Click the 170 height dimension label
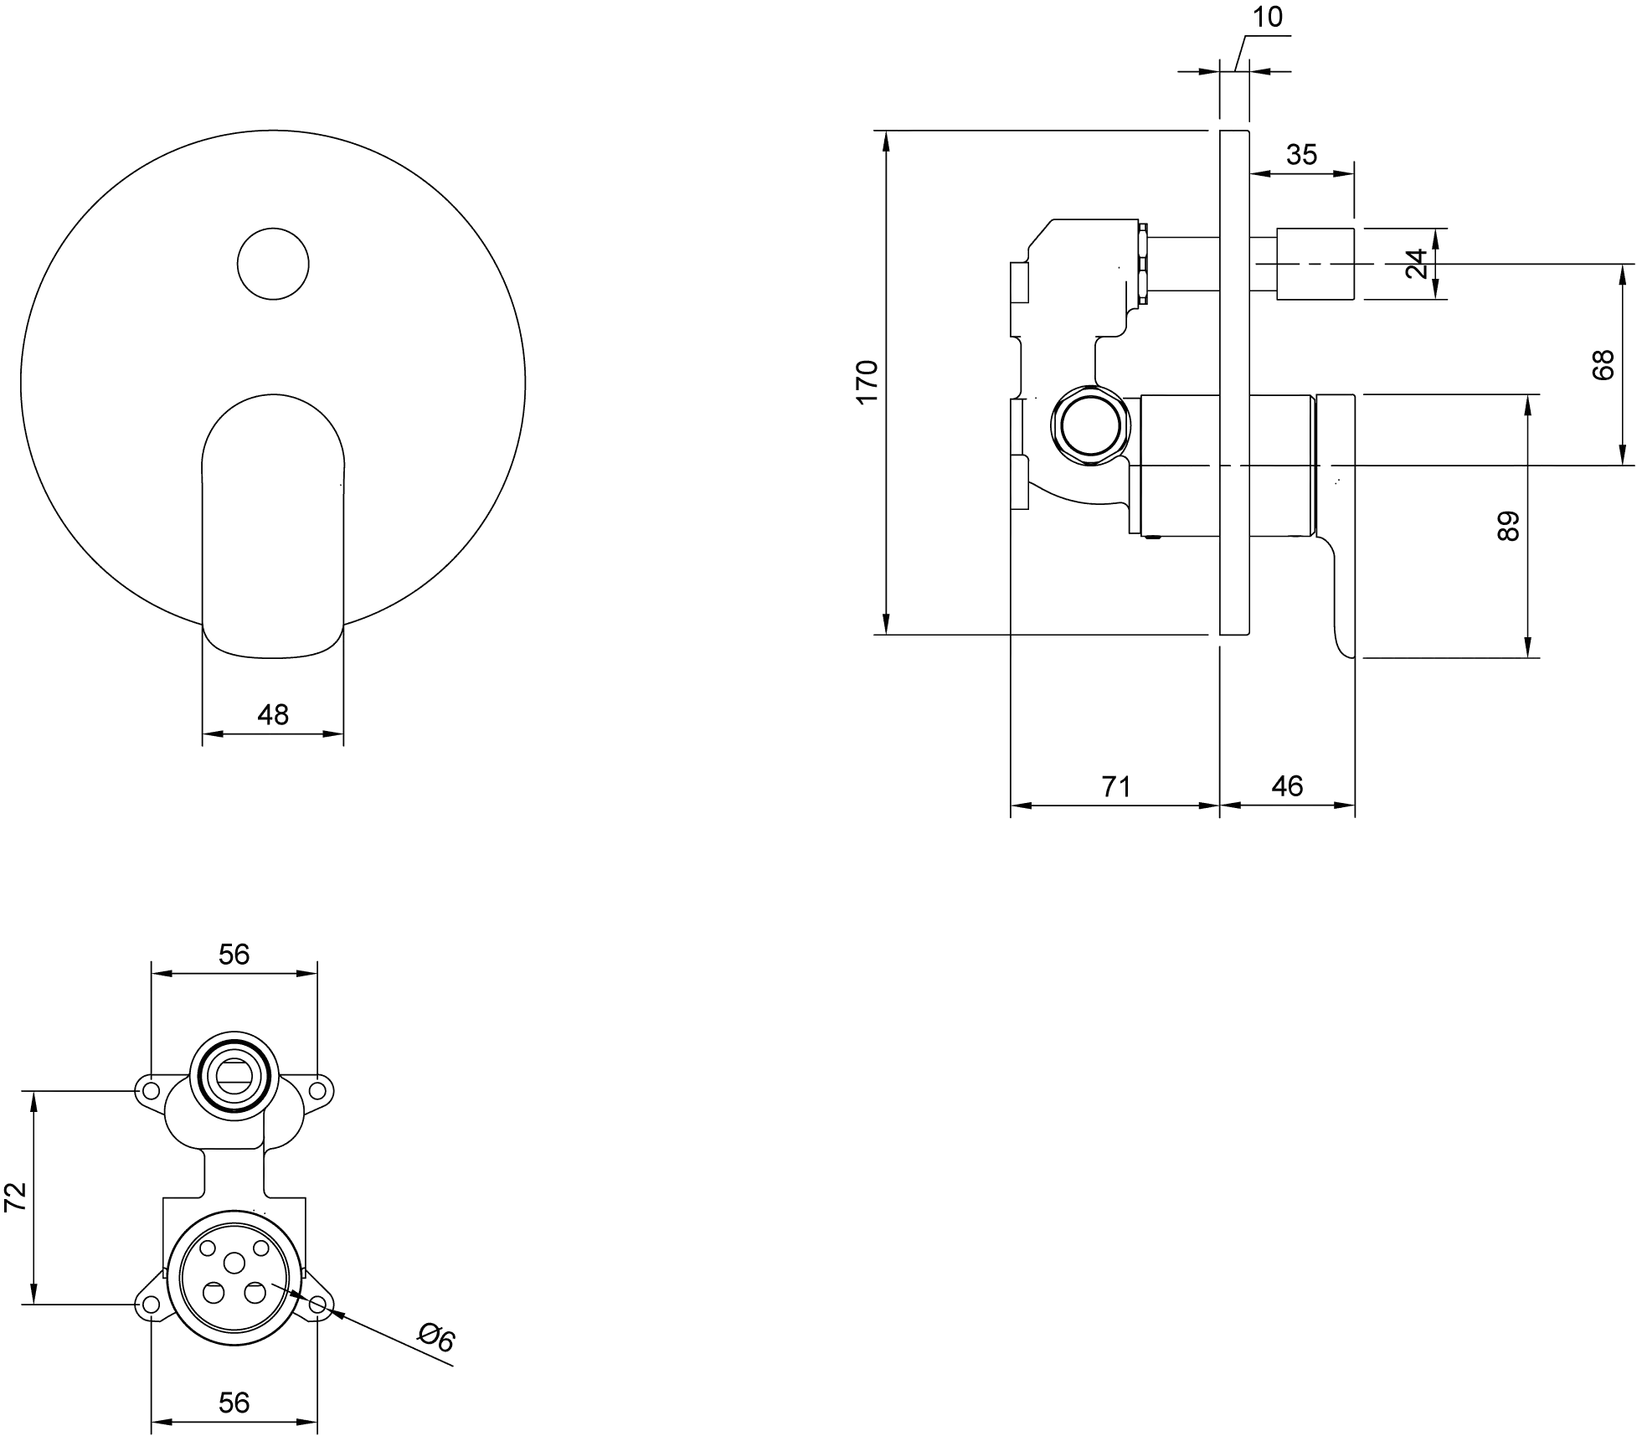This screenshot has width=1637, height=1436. [x=867, y=382]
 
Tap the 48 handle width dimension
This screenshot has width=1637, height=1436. [x=273, y=714]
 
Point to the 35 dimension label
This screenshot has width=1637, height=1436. [x=1301, y=154]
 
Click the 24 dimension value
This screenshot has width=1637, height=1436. [x=1416, y=264]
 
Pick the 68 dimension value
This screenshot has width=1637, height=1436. [x=1603, y=365]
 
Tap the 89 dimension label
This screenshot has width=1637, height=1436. [x=1507, y=526]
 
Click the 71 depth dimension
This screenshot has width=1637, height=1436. [x=1116, y=786]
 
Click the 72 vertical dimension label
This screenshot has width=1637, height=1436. [x=16, y=1197]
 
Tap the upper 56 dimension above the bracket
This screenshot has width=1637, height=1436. [x=234, y=954]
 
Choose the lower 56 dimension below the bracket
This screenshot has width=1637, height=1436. [x=234, y=1402]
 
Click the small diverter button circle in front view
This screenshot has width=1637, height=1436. [x=273, y=264]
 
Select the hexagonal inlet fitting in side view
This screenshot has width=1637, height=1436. [x=1089, y=425]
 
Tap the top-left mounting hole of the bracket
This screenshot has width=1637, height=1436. [x=151, y=1090]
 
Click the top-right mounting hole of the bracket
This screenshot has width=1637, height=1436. [x=317, y=1090]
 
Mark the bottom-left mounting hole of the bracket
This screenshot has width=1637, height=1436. [x=151, y=1305]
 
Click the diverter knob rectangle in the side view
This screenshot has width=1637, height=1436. [x=1315, y=264]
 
